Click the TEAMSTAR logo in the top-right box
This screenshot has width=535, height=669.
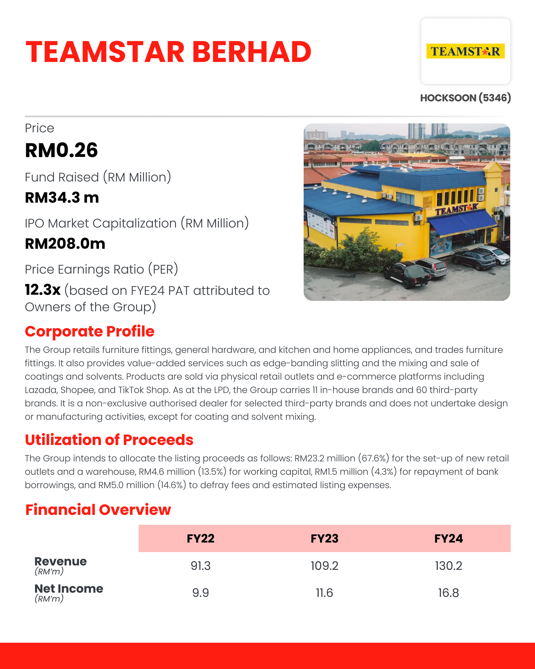[x=465, y=51]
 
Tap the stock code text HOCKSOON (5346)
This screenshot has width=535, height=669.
[x=465, y=98]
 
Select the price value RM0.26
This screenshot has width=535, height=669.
[x=62, y=150]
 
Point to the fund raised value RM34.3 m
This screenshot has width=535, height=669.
[x=62, y=198]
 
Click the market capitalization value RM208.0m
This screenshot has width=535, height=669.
[x=65, y=244]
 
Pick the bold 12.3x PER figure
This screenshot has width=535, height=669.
[x=43, y=290]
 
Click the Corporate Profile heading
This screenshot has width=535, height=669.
[x=90, y=331]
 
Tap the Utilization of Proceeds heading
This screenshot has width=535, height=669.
[x=109, y=440]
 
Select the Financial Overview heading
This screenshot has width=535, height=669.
[x=98, y=510]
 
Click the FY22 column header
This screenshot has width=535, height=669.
[x=200, y=538]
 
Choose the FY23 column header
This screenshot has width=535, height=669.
[x=324, y=538]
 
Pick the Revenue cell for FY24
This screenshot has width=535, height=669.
[x=449, y=566]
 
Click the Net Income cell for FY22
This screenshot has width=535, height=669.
[x=200, y=593]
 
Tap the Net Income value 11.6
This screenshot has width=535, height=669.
[x=324, y=593]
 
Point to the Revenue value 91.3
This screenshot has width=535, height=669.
[x=200, y=566]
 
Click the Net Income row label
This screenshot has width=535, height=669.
[x=68, y=589]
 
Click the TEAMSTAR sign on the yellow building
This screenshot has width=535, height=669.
[x=456, y=210]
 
